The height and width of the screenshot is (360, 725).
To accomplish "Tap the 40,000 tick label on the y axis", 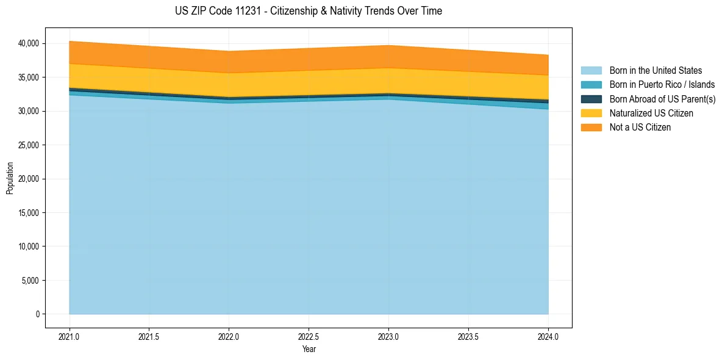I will click(28, 43).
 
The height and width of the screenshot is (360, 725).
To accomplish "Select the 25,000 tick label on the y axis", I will click(28, 145).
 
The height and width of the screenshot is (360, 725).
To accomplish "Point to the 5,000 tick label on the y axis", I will click(30, 281).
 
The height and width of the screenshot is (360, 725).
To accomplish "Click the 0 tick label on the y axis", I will click(37, 314).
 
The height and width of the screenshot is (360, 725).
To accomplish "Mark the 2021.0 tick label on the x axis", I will click(70, 336).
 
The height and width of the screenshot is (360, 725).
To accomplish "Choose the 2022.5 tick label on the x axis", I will click(309, 336).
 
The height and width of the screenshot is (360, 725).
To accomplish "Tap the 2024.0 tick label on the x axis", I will click(548, 336).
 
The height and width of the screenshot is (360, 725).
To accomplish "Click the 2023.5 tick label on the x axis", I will click(468, 336).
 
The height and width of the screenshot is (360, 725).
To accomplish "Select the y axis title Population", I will click(10, 178).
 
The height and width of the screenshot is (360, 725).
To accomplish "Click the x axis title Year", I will click(309, 349).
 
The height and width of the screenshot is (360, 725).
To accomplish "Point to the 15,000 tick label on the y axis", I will click(28, 213).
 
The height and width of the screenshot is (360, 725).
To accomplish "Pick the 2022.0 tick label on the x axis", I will click(229, 336).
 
